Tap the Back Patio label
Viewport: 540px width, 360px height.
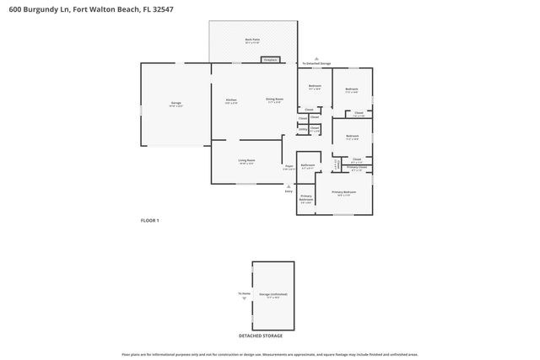coord(252,40)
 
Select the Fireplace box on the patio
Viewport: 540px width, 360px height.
coord(270,60)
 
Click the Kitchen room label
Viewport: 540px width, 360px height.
coord(231,99)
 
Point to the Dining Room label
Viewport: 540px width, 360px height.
coord(274,99)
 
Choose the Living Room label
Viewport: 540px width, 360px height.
coord(246,160)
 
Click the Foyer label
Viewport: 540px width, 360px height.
coord(289,166)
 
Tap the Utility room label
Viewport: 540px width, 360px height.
coord(302,130)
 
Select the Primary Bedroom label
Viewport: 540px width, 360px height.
coord(343,192)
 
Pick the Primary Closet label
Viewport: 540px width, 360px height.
coord(357,168)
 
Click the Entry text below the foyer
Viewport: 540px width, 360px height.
coord(289,192)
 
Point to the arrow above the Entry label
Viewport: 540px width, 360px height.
coord(289,185)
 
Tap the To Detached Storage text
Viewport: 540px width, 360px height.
coord(316,62)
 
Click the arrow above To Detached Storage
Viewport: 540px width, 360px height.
coord(316,56)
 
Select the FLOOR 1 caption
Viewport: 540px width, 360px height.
coord(149,220)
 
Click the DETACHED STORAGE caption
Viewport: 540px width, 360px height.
coord(261,336)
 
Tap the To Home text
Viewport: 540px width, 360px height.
coord(244,293)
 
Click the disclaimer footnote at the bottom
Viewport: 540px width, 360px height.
coord(269,354)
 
